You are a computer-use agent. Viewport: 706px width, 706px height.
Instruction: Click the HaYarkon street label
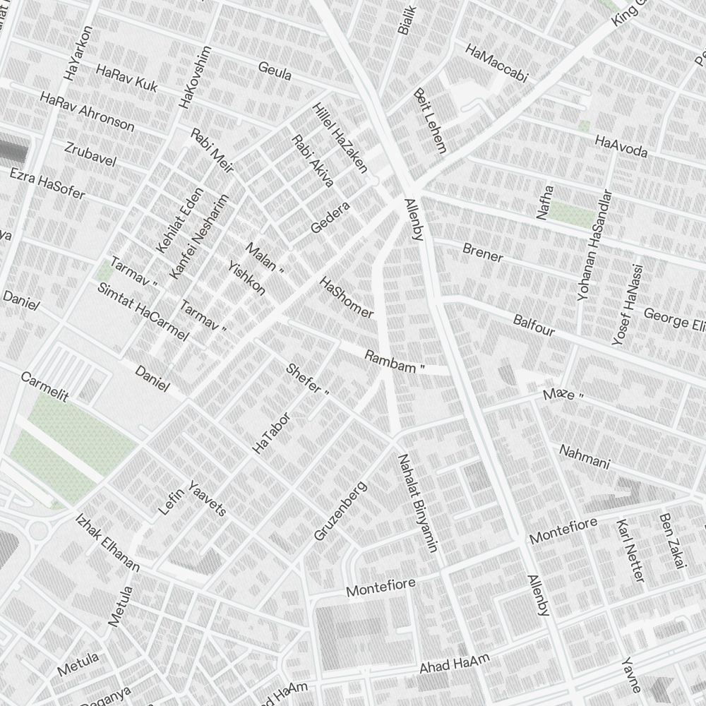pos(78,54)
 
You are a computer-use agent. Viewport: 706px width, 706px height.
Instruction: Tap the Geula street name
pos(275,71)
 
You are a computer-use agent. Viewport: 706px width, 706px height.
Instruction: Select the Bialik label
pos(407,20)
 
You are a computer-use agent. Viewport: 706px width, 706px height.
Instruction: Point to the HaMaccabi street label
pos(496,62)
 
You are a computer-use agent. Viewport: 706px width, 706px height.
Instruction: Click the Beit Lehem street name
pos(431,121)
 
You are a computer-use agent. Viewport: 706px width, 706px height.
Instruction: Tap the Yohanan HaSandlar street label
pos(593,245)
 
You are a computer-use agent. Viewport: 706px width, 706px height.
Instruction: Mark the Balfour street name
pos(534,325)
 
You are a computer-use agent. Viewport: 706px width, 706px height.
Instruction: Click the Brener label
pos(483,252)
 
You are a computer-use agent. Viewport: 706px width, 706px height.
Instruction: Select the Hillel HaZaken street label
pos(340,138)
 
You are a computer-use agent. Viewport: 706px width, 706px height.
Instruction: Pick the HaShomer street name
pos(346,297)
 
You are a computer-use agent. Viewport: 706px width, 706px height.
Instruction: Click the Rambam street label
pos(394,357)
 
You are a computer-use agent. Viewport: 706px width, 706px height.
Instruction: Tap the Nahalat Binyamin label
pos(417,502)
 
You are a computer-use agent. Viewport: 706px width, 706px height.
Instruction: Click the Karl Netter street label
pos(630,551)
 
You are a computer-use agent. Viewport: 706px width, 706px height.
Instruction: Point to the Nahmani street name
pos(584,456)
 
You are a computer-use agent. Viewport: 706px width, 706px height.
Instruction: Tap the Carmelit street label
pos(44,386)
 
